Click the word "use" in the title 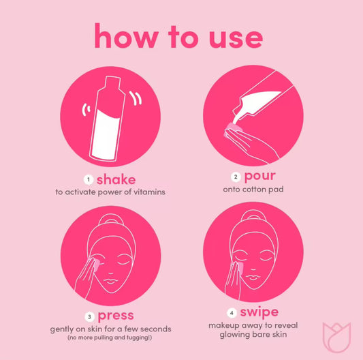(236, 38)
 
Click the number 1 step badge (89, 179)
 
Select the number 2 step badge (236, 177)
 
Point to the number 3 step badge (90, 316)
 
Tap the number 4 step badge (232, 313)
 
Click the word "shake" (116, 179)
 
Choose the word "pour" (260, 177)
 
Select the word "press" (116, 316)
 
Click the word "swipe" (259, 312)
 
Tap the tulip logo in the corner (337, 337)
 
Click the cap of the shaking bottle (112, 82)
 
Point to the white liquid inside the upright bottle (106, 135)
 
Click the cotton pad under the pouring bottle (234, 130)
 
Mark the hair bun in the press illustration (110, 219)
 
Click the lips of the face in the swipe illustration (253, 277)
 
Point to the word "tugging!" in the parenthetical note (139, 337)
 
